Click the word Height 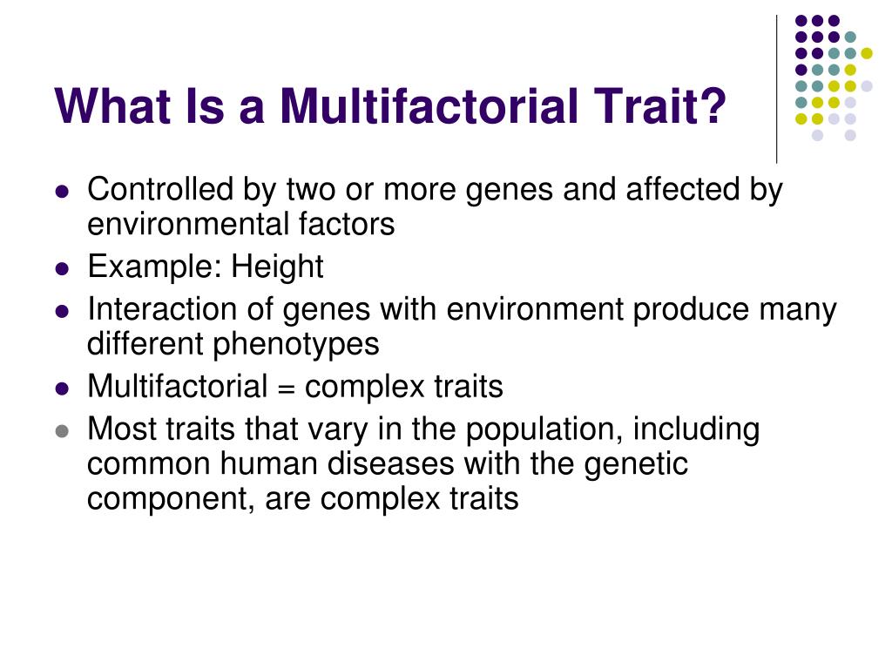click(277, 267)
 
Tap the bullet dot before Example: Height click(61, 268)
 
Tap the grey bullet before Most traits click(61, 431)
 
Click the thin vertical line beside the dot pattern click(776, 87)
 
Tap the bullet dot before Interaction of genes click(61, 311)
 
